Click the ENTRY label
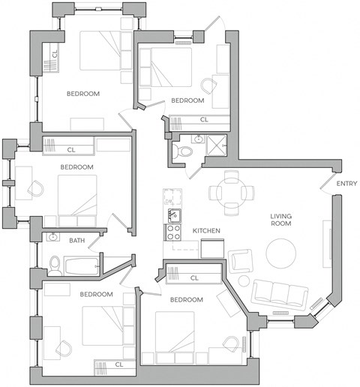[346, 184]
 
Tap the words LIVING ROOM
[281, 220]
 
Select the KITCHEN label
[206, 230]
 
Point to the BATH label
[77, 241]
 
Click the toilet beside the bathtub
[55, 264]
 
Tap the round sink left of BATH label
[52, 238]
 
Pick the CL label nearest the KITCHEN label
[193, 278]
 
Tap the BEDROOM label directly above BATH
[76, 166]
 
